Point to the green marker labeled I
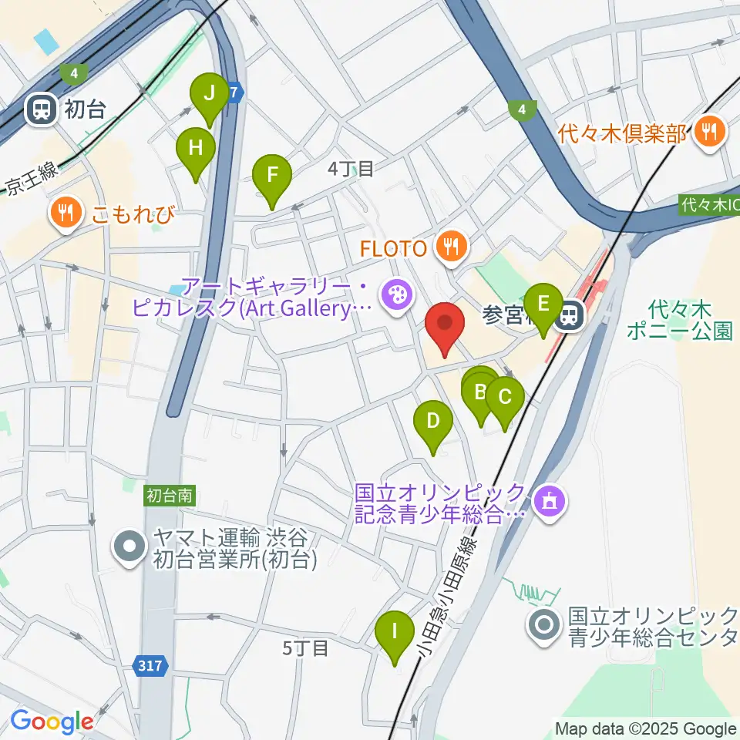[x=395, y=634]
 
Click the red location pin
[x=446, y=326]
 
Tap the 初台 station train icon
[x=39, y=110]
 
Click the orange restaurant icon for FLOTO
[x=449, y=247]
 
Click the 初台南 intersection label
[x=169, y=498]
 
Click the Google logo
[x=51, y=721]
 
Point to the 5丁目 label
[x=305, y=648]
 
